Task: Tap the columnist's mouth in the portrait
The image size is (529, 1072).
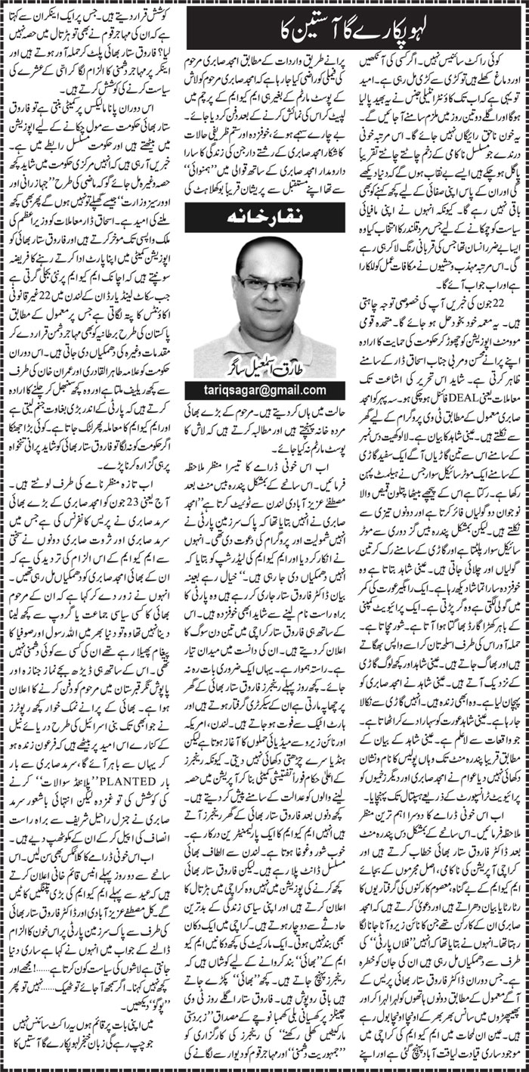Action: point(272,311)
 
